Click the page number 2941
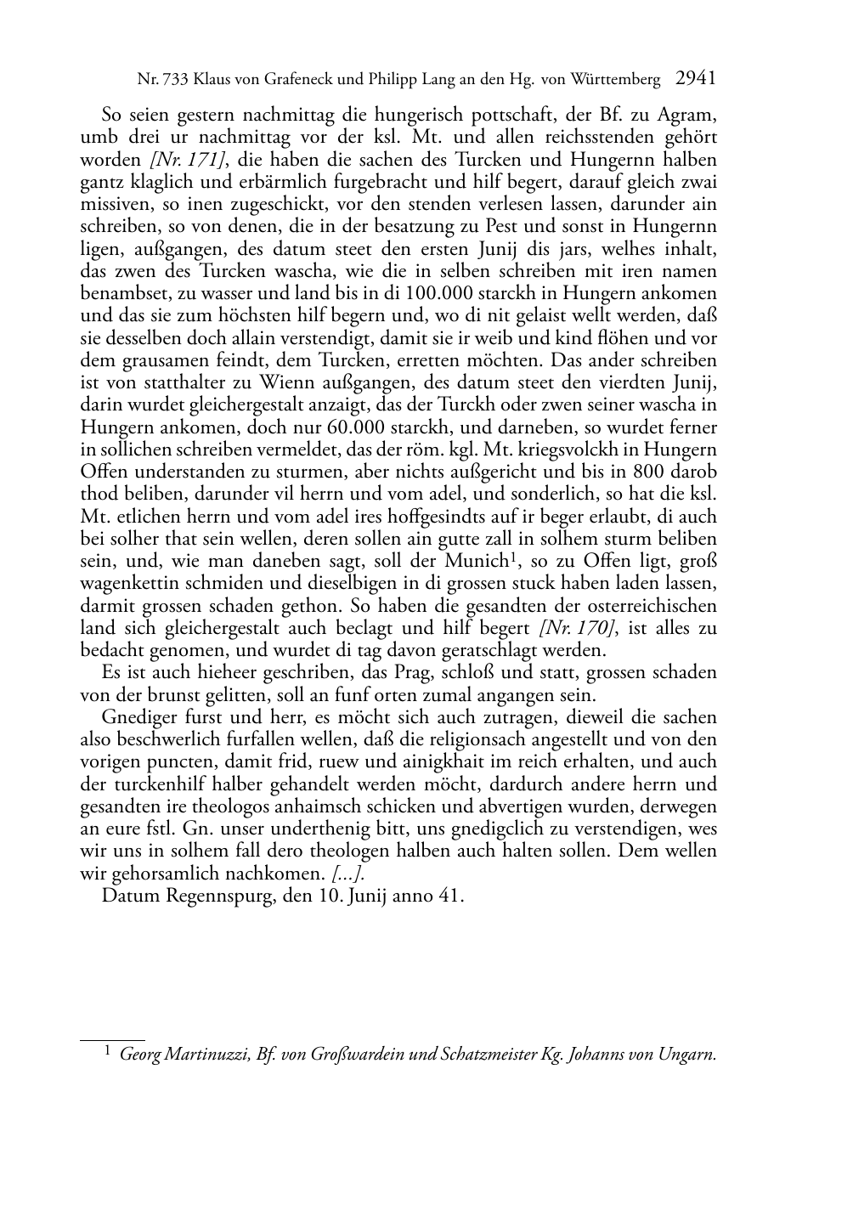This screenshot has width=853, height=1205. [696, 79]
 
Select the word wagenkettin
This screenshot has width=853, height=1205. [132, 584]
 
